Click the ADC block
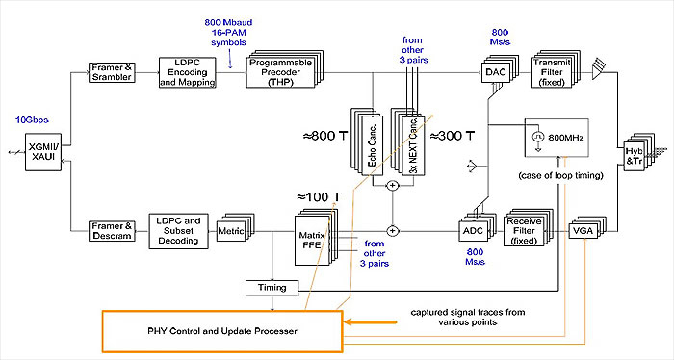point(470,231)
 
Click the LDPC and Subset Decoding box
point(177,231)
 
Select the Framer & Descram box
point(107,232)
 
